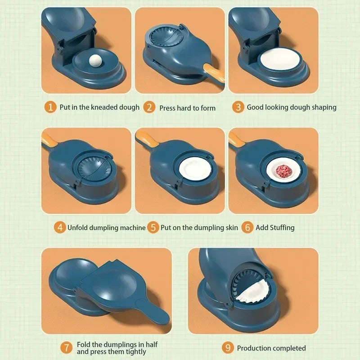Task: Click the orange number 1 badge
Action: [51, 107]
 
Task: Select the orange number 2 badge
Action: [149, 108]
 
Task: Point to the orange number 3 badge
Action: [238, 107]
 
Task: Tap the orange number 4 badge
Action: [60, 227]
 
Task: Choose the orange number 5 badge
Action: [153, 227]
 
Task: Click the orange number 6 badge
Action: [247, 227]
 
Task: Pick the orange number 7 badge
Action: [67, 347]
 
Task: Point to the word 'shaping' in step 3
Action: [323, 108]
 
